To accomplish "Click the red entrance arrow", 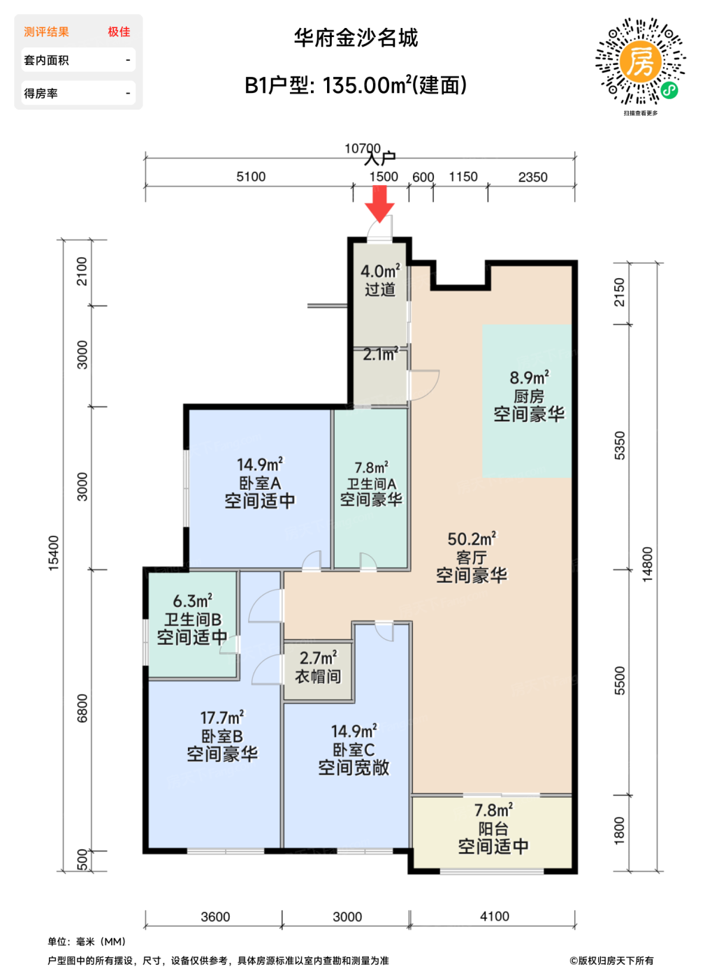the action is (379, 203).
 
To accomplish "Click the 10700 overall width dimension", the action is (363, 148).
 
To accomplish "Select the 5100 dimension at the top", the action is (251, 177).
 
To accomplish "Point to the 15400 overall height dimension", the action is (53, 553).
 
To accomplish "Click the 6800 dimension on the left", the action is (82, 708).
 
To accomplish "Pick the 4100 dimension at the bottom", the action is (495, 916).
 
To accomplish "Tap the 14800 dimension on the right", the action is (647, 564).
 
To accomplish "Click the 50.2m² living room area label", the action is (472, 539).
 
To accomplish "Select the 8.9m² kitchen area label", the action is (530, 377).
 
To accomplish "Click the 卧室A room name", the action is (260, 483).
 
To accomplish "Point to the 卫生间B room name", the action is (193, 619).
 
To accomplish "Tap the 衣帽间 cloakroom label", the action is (318, 677).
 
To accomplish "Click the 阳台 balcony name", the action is (493, 829).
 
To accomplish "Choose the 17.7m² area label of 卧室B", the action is (222, 717).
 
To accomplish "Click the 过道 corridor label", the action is (380, 289).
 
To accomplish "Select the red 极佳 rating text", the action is (119, 32).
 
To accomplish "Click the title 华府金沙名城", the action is (356, 38).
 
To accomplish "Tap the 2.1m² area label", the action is (381, 353).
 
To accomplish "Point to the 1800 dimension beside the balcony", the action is (619, 831).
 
